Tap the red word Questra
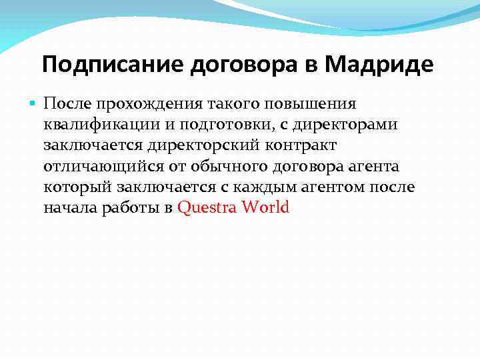207,207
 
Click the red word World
266,207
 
